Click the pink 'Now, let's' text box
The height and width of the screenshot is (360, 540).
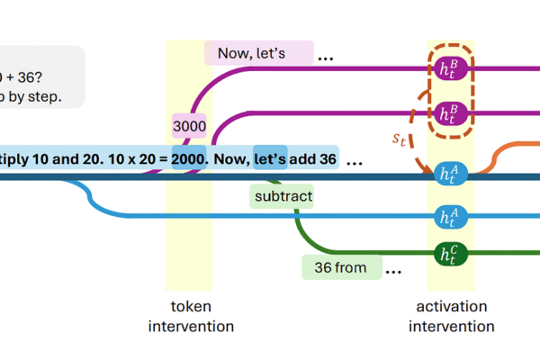click(x=259, y=53)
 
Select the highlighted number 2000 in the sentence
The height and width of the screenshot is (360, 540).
click(x=191, y=159)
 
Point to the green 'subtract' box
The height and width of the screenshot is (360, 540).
click(x=282, y=193)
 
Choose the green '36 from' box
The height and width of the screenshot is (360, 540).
click(x=341, y=267)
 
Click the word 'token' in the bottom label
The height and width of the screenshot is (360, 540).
click(x=190, y=306)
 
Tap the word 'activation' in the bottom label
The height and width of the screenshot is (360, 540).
click(x=451, y=306)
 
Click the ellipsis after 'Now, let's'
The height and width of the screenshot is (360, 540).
click(x=325, y=56)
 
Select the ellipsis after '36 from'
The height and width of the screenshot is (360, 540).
click(x=393, y=269)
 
